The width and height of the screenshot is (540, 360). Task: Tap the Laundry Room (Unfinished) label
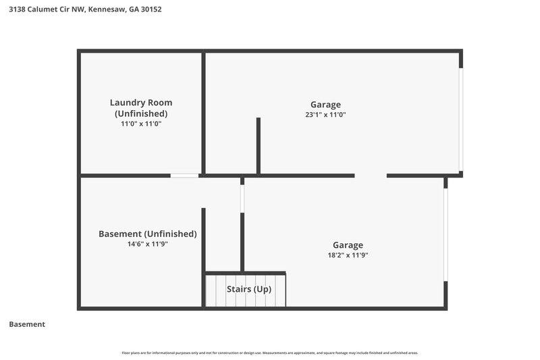(x=146, y=108)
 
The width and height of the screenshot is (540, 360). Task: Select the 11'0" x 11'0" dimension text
(x=141, y=124)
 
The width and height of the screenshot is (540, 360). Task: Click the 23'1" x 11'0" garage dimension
(x=325, y=115)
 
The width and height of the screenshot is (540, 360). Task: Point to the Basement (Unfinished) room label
(x=148, y=234)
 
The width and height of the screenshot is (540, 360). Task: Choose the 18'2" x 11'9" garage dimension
(x=348, y=255)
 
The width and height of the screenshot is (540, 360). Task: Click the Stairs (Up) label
(x=249, y=289)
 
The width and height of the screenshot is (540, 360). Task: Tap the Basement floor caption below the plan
(x=27, y=324)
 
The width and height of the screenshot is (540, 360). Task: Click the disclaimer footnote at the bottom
(x=270, y=353)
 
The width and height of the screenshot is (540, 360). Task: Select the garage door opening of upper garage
(x=461, y=120)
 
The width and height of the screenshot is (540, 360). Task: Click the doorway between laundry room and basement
(x=184, y=176)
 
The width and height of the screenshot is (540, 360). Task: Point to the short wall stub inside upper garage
(x=258, y=146)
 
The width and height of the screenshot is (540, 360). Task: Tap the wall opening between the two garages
(x=371, y=176)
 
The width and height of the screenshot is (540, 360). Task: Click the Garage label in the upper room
(x=325, y=105)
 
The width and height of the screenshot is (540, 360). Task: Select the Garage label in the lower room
(x=348, y=245)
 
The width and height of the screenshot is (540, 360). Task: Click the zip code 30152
(x=152, y=9)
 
